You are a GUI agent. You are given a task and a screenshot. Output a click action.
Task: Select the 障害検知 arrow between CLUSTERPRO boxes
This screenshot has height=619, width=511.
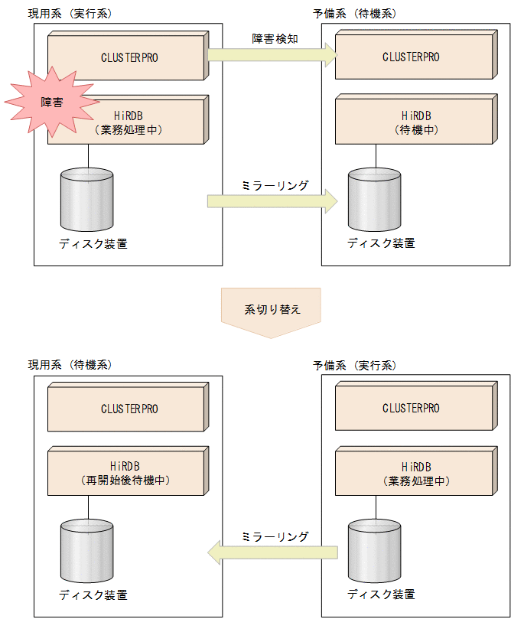(x=272, y=54)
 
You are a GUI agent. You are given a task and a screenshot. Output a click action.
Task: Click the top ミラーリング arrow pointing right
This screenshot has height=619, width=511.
(x=272, y=201)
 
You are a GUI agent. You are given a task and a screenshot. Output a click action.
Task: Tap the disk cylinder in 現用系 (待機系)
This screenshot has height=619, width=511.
(x=86, y=549)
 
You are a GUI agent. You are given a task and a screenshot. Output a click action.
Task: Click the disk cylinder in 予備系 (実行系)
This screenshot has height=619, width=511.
(x=374, y=549)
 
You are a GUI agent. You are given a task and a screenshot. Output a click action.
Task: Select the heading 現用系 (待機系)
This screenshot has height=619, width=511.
(x=70, y=366)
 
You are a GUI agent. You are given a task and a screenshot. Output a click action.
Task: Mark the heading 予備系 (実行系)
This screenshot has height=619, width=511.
(x=354, y=366)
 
